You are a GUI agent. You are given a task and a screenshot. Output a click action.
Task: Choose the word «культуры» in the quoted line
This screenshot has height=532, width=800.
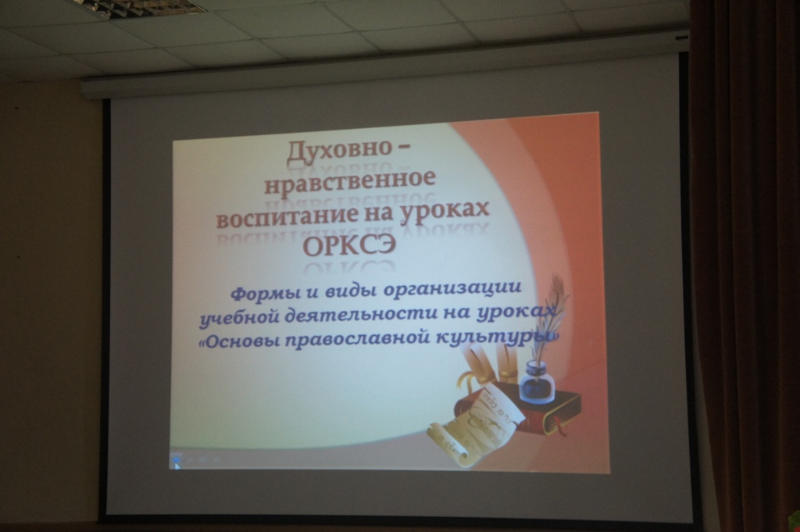[491, 337]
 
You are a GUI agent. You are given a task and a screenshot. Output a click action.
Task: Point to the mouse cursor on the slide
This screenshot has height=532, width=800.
[176, 464]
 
